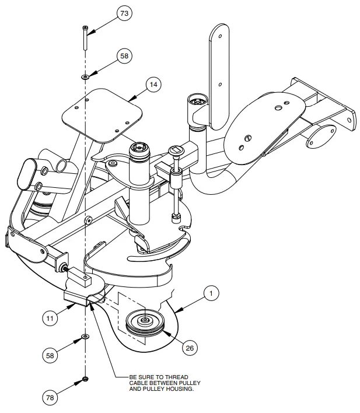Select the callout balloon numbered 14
(x=153, y=85)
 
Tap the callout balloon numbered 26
(x=189, y=348)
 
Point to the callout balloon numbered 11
(x=50, y=318)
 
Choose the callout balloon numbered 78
(x=50, y=398)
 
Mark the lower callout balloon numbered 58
(x=50, y=354)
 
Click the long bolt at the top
(x=85, y=38)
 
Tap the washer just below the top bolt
(x=85, y=76)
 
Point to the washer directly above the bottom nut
(x=85, y=337)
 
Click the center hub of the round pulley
(x=144, y=320)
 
